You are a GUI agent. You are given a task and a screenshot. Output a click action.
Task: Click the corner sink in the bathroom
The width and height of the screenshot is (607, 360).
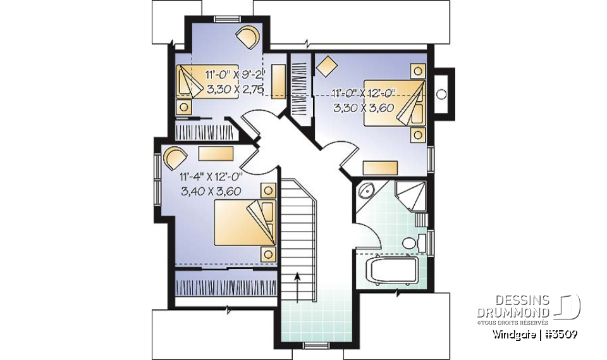tap(365, 191)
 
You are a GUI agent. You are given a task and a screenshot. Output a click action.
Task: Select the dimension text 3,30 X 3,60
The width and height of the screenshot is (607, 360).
tap(364, 108)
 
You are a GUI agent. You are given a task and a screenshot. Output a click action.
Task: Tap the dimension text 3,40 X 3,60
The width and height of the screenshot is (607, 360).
tap(212, 191)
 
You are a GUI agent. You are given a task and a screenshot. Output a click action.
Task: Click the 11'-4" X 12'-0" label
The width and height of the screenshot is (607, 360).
tap(212, 177)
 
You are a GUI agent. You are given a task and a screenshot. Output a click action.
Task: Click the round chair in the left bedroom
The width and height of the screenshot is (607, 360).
tap(175, 156)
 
